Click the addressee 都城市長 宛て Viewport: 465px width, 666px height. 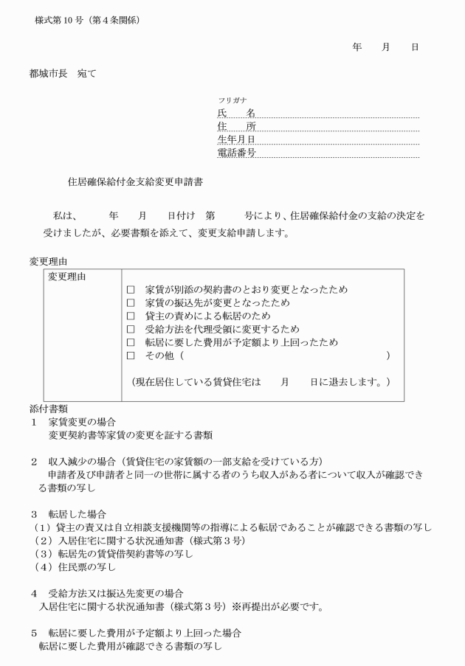pos(62,73)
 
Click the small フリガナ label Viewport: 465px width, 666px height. pos(228,100)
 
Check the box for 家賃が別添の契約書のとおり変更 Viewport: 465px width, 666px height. pos(131,290)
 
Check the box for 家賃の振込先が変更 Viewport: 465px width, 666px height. pos(131,303)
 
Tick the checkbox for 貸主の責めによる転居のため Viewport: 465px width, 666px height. pos(131,316)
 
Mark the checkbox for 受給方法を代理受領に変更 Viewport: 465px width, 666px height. pos(131,330)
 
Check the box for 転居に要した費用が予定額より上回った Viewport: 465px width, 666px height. pos(131,343)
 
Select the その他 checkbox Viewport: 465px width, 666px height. pos(131,356)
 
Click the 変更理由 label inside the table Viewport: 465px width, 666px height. pos(67,277)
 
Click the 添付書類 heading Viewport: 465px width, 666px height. pos(49,408)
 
